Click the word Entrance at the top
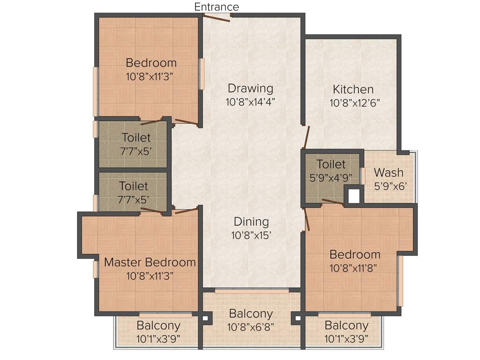(217, 7)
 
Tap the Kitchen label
(353, 89)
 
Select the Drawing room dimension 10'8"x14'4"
(250, 101)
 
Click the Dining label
(251, 222)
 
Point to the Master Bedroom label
(150, 262)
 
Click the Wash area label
(389, 172)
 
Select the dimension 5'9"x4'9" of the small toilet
(331, 178)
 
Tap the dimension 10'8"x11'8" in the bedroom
(354, 268)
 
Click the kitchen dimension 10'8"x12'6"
(354, 103)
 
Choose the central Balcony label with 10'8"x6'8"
(251, 314)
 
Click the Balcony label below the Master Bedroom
(158, 325)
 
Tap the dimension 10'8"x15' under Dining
(251, 235)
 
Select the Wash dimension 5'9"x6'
(390, 186)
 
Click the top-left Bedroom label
(151, 63)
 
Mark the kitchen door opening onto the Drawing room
(306, 136)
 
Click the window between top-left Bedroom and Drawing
(202, 74)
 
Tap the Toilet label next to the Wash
(331, 165)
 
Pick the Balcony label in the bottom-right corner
(346, 325)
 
